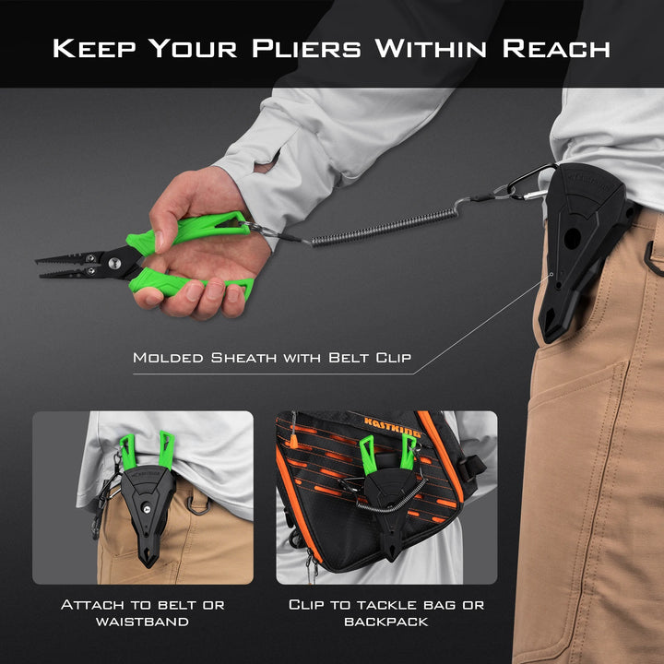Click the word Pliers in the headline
tap(306, 48)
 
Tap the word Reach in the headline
tap(556, 48)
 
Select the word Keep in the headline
tap(94, 48)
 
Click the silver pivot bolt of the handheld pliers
tap(114, 264)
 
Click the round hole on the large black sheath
tap(572, 238)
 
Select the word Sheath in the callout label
tap(243, 358)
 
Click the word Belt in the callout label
tap(348, 358)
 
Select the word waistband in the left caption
tap(142, 622)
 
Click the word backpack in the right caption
tap(386, 622)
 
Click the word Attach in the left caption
tap(93, 605)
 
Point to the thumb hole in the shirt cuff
tap(267, 162)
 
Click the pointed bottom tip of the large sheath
tap(545, 338)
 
